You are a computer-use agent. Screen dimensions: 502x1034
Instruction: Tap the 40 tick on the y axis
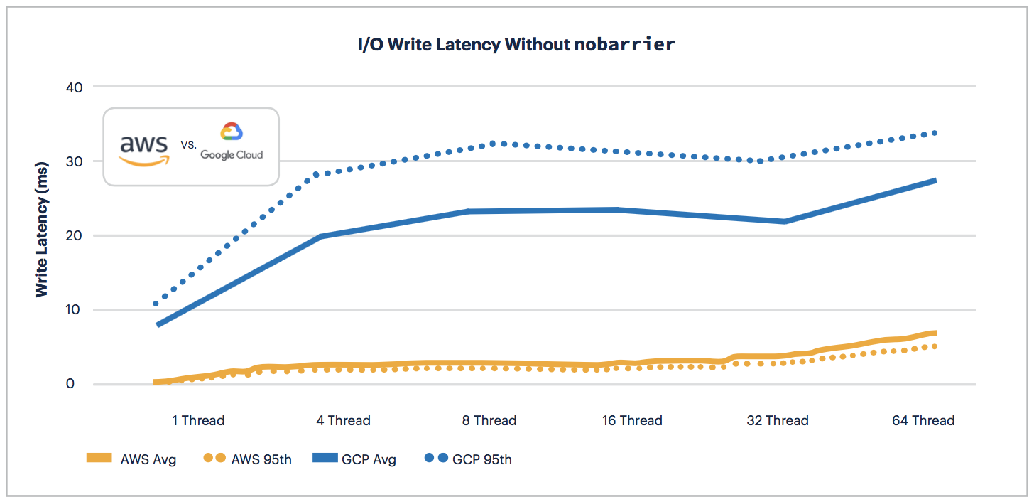point(75,87)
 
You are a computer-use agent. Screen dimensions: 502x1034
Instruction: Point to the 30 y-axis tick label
point(75,161)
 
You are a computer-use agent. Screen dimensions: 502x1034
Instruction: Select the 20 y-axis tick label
point(75,235)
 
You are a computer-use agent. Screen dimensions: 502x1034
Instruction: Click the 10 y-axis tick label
point(75,310)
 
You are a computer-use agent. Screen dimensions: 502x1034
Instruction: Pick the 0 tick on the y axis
point(79,384)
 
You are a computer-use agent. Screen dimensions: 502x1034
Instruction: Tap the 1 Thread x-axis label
point(198,420)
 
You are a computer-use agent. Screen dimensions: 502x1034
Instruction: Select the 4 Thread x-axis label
point(344,420)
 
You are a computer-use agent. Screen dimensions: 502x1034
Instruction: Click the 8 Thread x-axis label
point(489,420)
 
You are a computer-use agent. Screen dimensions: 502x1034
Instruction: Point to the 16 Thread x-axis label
point(632,420)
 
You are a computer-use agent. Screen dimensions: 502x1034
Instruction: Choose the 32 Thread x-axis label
point(778,420)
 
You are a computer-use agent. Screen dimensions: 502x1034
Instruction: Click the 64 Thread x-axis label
point(923,420)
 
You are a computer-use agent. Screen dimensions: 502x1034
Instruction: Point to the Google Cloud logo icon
point(232,132)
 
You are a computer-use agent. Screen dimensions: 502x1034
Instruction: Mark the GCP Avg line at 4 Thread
point(321,236)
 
